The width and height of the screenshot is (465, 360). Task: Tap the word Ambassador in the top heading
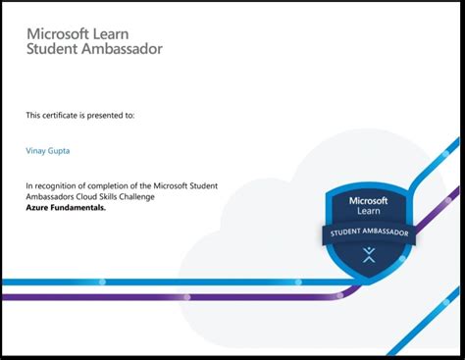(x=121, y=49)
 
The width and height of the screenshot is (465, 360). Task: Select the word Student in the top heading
(x=51, y=49)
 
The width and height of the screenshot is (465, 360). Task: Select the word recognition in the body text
(x=59, y=184)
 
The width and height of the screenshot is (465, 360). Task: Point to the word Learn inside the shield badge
(x=369, y=211)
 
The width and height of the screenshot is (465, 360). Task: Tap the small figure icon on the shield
(x=369, y=256)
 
